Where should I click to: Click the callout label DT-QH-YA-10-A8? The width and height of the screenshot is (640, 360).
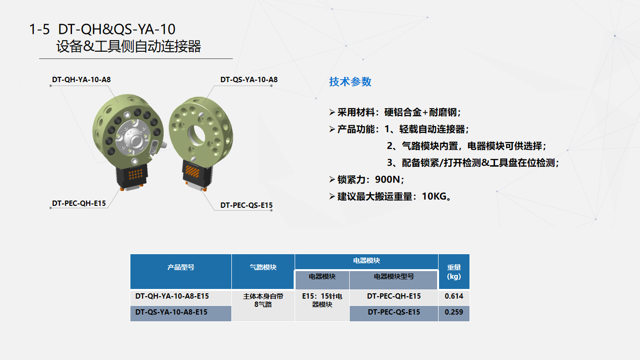pos(82,80)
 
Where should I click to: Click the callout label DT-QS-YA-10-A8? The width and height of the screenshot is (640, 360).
pos(249,80)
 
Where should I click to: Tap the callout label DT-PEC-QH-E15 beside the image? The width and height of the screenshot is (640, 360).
pos(79,203)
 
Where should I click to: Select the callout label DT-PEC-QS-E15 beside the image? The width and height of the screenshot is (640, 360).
pos(246,205)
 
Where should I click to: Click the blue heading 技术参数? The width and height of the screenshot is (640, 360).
pos(350,82)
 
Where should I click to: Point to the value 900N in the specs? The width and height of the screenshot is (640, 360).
pos(387,180)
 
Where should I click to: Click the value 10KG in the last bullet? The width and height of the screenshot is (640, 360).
pos(434,197)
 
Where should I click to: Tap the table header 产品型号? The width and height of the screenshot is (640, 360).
pos(181,267)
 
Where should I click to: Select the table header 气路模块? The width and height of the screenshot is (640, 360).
pos(263,267)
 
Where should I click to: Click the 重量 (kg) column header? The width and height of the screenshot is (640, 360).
pos(454,272)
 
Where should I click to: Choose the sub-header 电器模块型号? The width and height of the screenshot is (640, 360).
pos(394,276)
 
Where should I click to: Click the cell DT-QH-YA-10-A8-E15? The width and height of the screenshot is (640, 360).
pos(172,296)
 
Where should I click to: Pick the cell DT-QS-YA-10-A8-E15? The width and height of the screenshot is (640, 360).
pos(171,312)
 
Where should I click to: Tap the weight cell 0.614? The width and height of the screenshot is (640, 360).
pos(454,296)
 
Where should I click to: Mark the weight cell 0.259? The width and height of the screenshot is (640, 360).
pos(454,312)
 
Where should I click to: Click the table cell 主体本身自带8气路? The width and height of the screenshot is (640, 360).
pos(263,300)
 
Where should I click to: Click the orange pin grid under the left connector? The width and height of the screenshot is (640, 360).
pos(135,173)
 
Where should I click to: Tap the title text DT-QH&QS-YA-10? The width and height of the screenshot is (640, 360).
pos(116,29)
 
